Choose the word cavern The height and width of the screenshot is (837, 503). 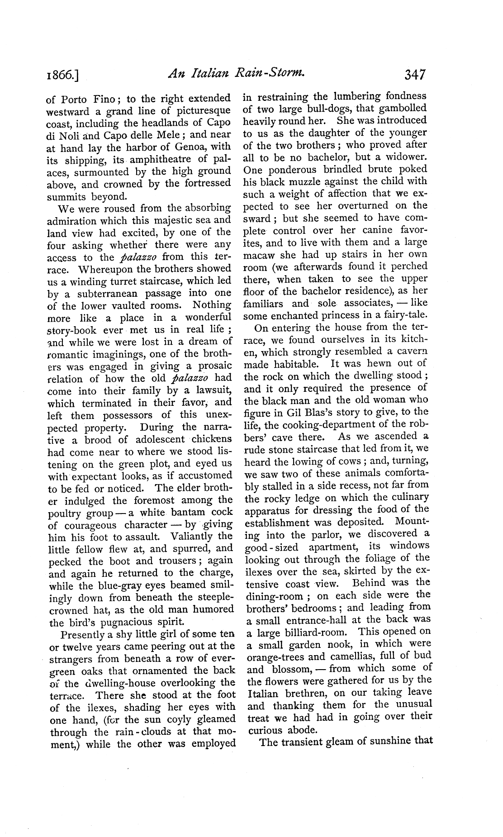click(410, 352)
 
